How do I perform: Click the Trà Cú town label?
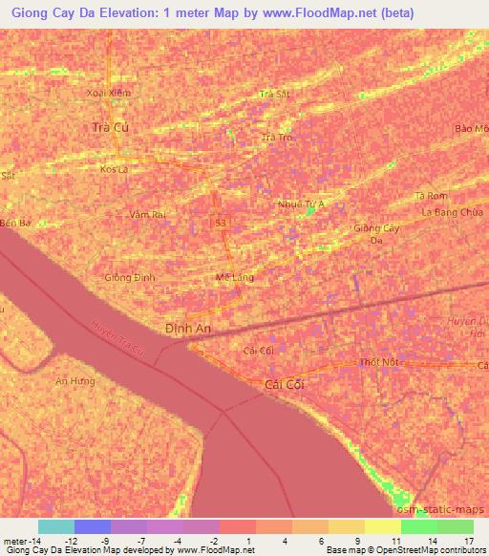point(108,127)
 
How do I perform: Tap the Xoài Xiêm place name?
point(108,93)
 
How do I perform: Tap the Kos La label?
point(114,169)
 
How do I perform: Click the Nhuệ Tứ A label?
point(301,203)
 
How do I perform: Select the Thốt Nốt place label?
point(377,363)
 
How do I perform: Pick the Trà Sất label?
point(274,94)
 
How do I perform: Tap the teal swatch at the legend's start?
point(56,526)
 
